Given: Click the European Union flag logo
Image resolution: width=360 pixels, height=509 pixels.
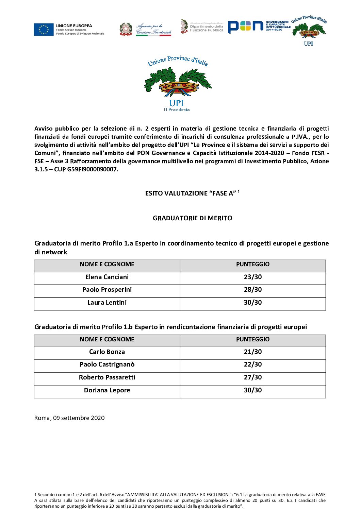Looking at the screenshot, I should click(x=44, y=30).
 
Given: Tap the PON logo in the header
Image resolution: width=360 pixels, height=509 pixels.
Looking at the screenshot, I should click(x=245, y=27).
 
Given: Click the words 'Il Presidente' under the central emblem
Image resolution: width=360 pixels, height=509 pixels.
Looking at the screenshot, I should click(x=177, y=109).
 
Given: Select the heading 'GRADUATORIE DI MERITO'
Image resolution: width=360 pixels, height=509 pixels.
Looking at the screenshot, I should click(x=192, y=218).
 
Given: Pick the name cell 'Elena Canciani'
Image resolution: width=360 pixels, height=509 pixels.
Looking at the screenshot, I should click(x=107, y=277).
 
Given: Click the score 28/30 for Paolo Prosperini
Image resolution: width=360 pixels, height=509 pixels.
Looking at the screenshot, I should click(x=253, y=290).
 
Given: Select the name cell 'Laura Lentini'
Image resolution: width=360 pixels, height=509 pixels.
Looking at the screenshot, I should click(x=107, y=303).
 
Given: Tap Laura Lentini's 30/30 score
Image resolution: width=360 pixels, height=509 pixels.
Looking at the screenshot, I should click(x=253, y=303).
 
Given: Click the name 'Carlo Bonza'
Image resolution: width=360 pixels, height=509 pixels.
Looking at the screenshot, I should click(x=107, y=352).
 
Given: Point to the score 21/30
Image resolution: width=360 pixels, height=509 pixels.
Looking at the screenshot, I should click(x=253, y=352).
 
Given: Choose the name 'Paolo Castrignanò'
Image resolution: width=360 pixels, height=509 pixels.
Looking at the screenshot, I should click(x=107, y=364).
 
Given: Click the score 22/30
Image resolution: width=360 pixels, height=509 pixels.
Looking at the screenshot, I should click(x=253, y=364).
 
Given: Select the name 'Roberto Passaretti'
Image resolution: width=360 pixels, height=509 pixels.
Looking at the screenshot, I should click(x=107, y=377).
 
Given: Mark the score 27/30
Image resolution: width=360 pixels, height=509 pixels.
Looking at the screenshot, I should click(x=253, y=377).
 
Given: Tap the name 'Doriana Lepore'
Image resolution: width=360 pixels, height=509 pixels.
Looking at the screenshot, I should click(x=107, y=390).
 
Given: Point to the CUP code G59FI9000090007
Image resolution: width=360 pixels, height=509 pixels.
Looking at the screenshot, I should click(x=92, y=169).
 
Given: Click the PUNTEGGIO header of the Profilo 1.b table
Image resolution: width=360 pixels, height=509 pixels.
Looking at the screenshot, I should click(x=253, y=339).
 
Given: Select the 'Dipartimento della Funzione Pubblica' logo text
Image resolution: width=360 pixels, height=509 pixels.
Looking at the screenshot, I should click(x=207, y=28).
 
